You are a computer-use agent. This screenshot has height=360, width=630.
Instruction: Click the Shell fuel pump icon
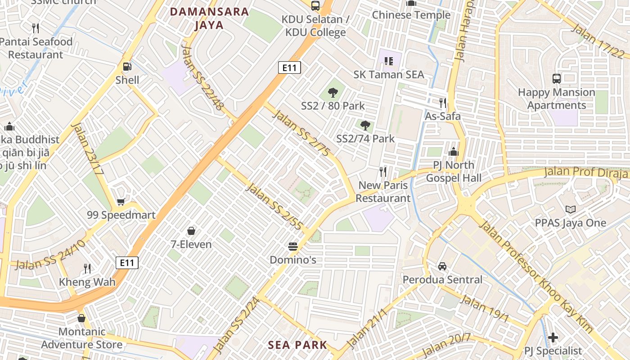coord(127,67)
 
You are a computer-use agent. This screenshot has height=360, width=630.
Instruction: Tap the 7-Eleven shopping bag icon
coord(191,231)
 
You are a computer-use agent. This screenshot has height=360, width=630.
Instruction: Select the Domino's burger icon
coord(293,246)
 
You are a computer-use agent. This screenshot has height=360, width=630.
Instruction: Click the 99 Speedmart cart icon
coord(121,202)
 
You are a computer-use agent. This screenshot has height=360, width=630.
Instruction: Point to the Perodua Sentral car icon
coord(442,266)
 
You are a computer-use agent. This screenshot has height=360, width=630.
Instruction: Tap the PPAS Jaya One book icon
coord(571,209)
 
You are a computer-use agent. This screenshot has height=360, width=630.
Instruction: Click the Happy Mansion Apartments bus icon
coord(557,78)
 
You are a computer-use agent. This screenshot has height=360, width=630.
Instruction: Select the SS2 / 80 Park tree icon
coord(333,93)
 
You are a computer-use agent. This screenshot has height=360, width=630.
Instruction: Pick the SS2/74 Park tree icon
coord(365,125)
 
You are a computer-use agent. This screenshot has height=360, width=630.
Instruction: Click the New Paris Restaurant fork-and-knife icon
coord(383,171)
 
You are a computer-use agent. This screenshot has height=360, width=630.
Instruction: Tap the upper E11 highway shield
coord(289,67)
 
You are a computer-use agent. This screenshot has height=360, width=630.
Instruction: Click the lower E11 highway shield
coord(127,263)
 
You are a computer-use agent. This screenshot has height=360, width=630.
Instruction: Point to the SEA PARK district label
coord(297,345)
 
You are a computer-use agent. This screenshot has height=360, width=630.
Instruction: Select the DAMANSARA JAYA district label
coord(209,18)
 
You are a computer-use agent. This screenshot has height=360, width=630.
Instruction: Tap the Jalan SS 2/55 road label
coord(273,207)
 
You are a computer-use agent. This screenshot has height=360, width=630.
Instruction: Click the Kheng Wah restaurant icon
coord(88,269)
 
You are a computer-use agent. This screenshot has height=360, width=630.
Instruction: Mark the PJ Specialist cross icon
coord(553,337)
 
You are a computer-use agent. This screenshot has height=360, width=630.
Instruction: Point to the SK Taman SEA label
coord(389,74)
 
